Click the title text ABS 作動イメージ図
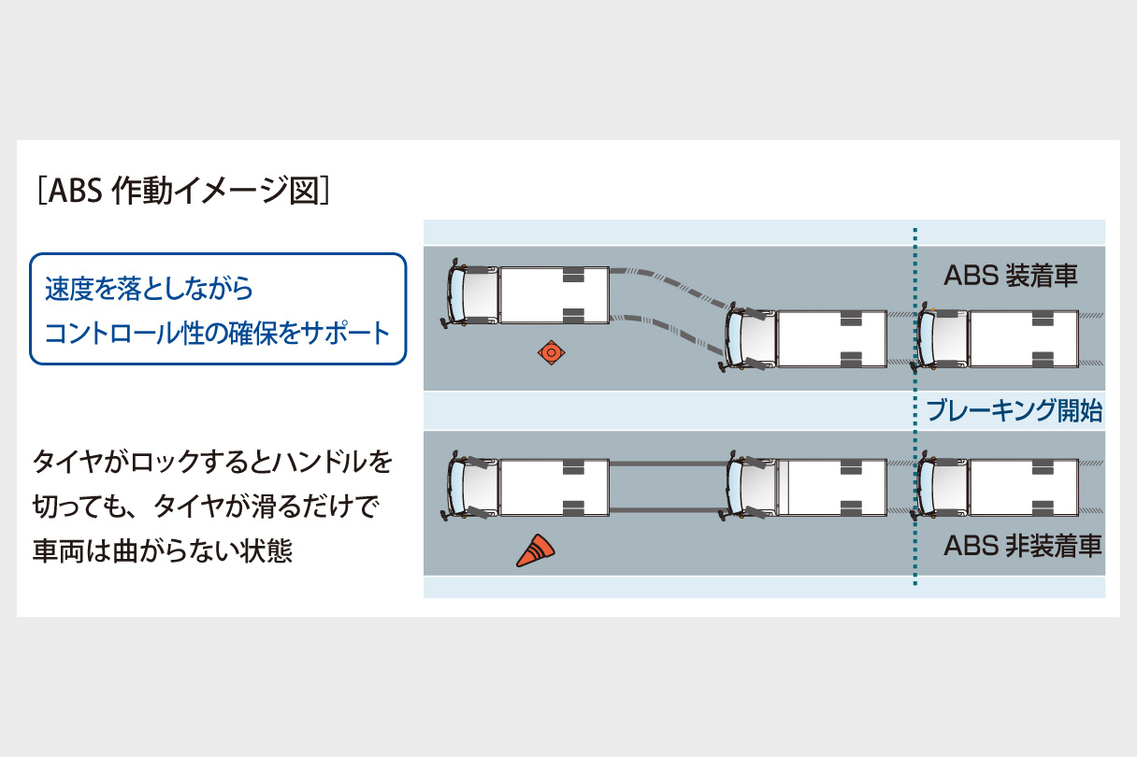(181, 191)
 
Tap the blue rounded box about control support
(218, 309)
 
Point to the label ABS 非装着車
(1022, 546)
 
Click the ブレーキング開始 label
(1015, 409)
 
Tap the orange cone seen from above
(551, 352)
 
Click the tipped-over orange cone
(535, 551)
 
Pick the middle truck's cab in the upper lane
(750, 337)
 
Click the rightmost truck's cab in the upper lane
(941, 338)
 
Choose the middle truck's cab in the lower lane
(750, 486)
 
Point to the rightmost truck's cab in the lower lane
(941, 486)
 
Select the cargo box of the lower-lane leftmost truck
(554, 486)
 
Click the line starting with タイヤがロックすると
(212, 463)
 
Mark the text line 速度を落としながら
(150, 288)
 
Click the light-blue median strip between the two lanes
(655, 410)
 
